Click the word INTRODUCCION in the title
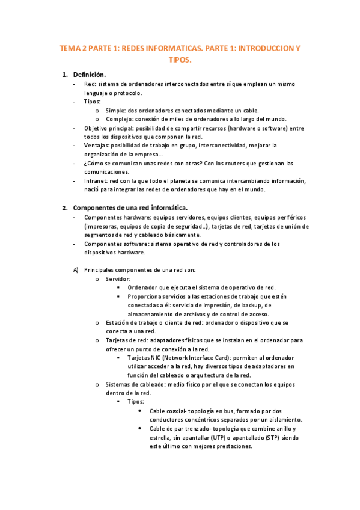pos(264,47)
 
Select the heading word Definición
pos(90,74)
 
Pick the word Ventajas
pos(98,146)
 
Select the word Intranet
pos(97,181)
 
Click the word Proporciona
pos(147,296)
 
